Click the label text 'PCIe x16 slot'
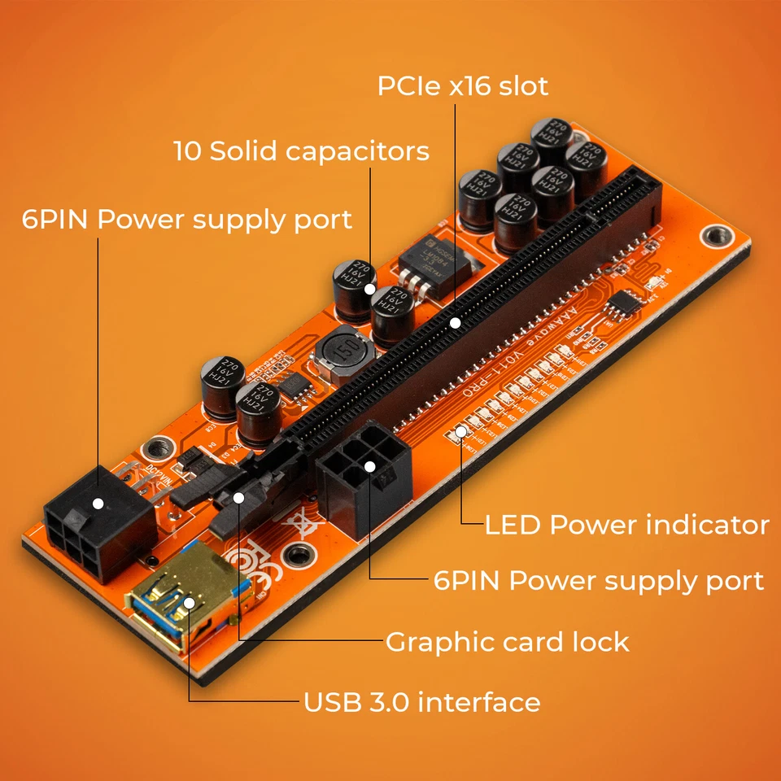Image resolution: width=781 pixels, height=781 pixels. coord(463,86)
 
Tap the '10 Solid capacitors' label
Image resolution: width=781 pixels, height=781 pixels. coord(301,151)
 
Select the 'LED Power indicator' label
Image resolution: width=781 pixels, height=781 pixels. coord(626,525)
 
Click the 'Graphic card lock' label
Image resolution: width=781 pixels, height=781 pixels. coord(507,642)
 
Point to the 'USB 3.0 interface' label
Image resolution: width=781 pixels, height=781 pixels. coord(421,702)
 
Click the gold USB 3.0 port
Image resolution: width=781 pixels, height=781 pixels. coord(175,602)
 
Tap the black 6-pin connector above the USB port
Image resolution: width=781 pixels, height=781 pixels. coord(98,521)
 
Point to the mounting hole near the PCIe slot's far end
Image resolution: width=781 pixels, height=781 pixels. coord(715,236)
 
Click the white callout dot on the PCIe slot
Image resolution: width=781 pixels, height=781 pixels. coord(456,323)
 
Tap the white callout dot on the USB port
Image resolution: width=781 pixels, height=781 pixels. coord(190,603)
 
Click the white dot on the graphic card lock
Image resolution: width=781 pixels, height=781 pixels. coord(238,497)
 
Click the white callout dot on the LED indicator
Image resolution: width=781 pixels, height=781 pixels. coord(461,430)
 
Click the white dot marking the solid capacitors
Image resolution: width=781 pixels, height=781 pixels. coord(371,288)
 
